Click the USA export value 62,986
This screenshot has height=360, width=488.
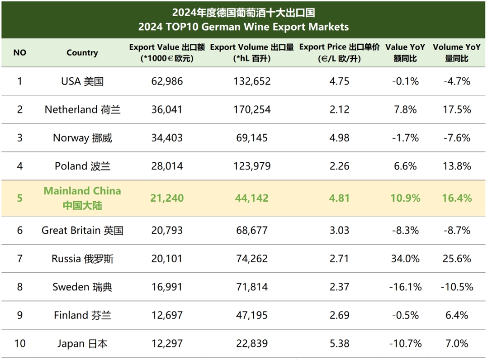(167, 81)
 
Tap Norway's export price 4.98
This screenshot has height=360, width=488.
(339, 138)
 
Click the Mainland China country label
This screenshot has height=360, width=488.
(82, 198)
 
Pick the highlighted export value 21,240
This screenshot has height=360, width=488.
(167, 198)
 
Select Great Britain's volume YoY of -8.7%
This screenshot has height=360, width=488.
(457, 230)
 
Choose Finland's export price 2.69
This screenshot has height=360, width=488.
(339, 315)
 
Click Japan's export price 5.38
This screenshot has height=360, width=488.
(339, 344)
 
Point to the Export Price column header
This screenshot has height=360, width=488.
(339, 52)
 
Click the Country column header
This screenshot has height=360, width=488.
(82, 52)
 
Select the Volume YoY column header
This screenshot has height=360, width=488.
(457, 52)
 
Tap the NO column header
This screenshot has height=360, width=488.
(20, 52)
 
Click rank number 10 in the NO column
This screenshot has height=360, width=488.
(20, 344)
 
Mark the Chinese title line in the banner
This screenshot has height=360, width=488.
(244, 12)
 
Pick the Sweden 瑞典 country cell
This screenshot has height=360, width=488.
(82, 287)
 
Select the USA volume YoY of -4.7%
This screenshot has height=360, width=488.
(457, 81)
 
